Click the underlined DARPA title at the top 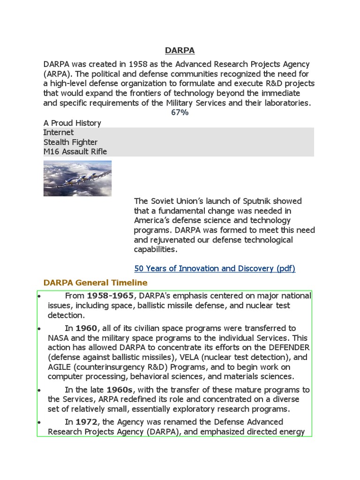point(180,50)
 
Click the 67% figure point(180,112)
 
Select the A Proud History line point(72,123)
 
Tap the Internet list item point(59,133)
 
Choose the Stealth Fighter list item point(70,142)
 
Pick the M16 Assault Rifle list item point(75,151)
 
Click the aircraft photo point(77,178)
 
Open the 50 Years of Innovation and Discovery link point(215,269)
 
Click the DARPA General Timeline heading point(95,283)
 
